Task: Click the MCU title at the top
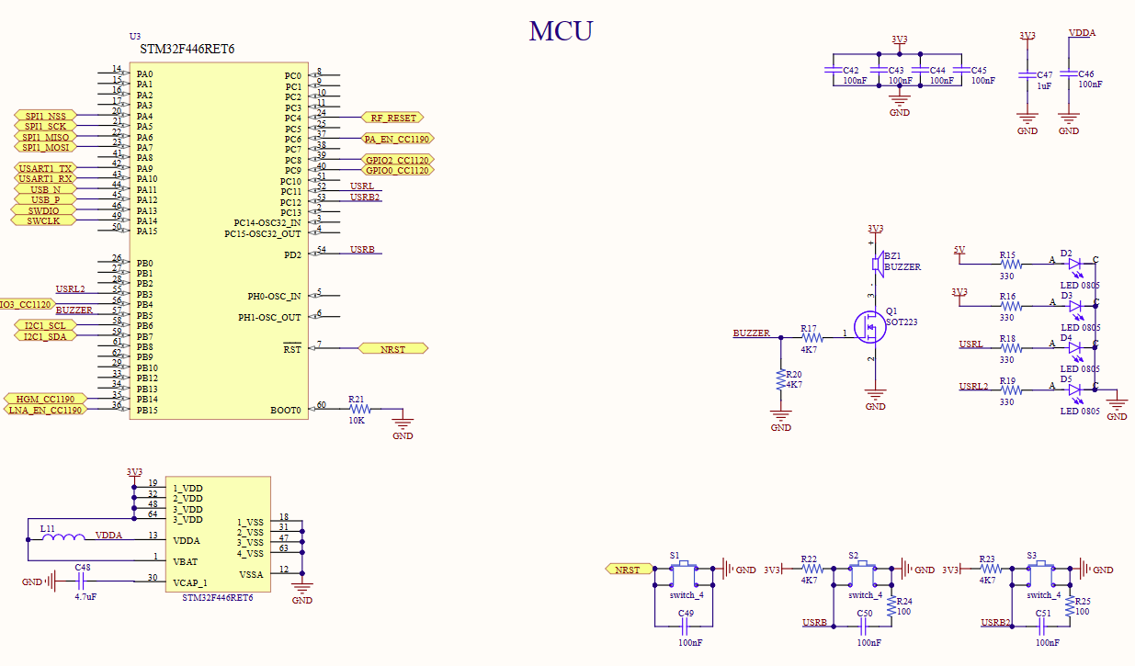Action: point(561,31)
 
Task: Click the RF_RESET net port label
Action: point(393,118)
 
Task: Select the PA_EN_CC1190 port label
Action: point(396,139)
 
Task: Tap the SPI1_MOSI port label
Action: point(45,147)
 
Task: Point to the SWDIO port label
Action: point(42,210)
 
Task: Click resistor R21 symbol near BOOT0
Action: point(357,410)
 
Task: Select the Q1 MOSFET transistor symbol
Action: point(868,327)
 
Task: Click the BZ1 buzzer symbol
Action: point(877,265)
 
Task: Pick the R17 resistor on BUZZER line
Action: point(810,337)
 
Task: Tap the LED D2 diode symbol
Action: point(1075,263)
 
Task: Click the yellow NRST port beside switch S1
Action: point(627,570)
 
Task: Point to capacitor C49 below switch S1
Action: point(686,626)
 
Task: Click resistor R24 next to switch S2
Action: point(891,607)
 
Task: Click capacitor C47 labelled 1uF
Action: point(1027,74)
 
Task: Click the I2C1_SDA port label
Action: point(44,336)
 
